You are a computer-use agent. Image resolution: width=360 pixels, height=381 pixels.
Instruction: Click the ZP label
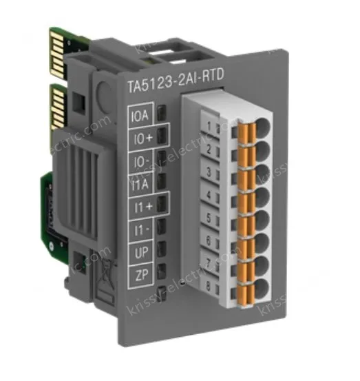click(x=140, y=275)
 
